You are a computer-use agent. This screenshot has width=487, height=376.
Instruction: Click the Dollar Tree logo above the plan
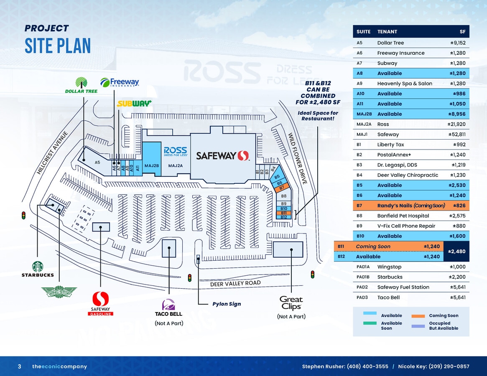81,85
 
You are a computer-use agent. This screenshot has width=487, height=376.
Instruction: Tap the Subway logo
134,104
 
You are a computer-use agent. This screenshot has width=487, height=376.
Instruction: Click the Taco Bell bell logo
168,305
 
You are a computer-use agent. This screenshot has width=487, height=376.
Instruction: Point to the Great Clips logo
291,302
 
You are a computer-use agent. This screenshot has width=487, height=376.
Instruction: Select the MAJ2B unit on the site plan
152,165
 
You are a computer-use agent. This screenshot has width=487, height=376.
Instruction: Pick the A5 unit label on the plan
97,162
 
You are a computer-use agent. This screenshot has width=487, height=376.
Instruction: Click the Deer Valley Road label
235,284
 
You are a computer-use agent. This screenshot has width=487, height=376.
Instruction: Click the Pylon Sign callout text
227,304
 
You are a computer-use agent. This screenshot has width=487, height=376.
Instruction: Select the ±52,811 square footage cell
457,135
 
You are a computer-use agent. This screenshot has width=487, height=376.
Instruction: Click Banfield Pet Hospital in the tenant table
403,216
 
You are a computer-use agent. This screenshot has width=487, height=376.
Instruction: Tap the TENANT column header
387,32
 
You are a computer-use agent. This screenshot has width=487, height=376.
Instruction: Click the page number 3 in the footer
19,366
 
